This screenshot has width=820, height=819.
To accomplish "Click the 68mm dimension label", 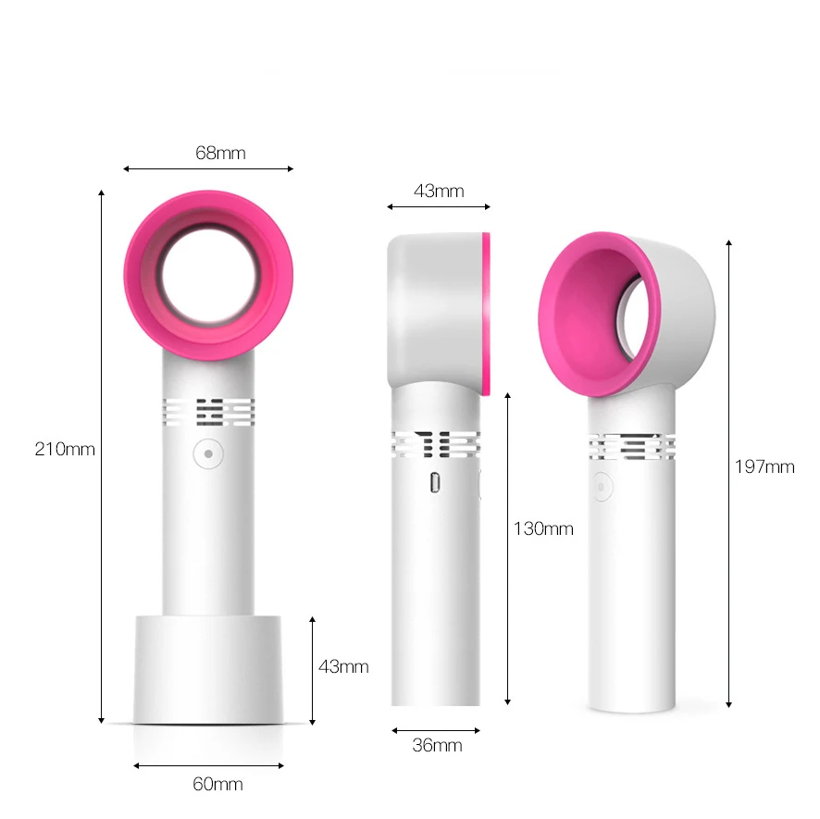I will [x=220, y=153].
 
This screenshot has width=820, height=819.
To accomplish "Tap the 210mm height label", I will [x=65, y=450].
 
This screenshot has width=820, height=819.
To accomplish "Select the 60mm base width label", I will [x=217, y=785].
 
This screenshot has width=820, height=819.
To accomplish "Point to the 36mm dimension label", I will [x=436, y=745].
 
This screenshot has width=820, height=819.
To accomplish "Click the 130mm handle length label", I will [x=543, y=529].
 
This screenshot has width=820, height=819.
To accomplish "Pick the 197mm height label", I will [x=764, y=467].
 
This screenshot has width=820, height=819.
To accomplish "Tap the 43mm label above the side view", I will [x=439, y=192].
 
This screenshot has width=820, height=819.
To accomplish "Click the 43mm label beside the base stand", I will [x=343, y=666].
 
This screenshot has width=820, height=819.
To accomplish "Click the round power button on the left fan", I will [x=209, y=454].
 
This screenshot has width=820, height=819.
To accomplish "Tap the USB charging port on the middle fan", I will [x=435, y=483].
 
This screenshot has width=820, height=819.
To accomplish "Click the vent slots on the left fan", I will [x=209, y=412].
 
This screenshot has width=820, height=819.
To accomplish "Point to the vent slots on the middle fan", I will [x=435, y=445].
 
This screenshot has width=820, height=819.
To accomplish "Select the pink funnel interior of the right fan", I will [x=578, y=319].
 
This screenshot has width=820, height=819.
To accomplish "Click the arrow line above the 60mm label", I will [x=209, y=765].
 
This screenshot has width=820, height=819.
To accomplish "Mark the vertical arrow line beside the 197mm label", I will [x=729, y=472].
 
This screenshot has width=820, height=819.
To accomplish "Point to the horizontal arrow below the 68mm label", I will [x=209, y=168].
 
